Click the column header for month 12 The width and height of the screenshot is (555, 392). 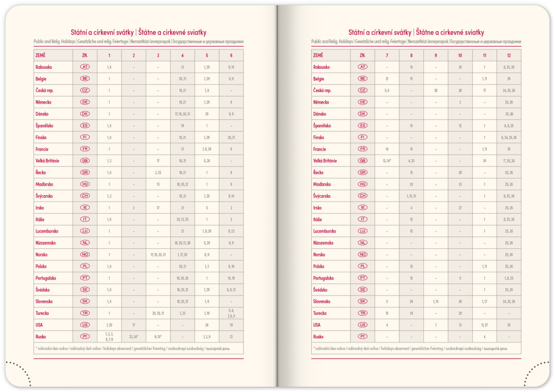tap(508, 55)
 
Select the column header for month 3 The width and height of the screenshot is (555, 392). tap(158, 55)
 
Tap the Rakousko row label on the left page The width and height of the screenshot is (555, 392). tap(44, 67)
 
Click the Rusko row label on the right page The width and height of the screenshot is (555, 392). tap(319, 337)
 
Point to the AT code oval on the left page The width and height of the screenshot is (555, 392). tap(85, 67)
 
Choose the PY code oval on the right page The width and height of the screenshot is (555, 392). tap(363, 337)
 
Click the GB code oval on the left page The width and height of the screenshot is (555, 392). tap(85, 161)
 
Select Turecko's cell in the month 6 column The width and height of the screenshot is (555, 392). tap(231, 313)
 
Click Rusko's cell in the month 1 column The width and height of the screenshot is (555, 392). tap(109, 337)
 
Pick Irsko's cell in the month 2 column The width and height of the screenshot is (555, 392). tap(133, 208)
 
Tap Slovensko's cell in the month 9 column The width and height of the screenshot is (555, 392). tap(436, 301)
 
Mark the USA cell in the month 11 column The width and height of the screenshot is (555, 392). tap(484, 325)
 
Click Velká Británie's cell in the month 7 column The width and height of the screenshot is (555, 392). tap(387, 161)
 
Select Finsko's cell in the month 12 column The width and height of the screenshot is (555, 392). tap(508, 138)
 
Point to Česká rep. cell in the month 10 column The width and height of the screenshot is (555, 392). tap(460, 91)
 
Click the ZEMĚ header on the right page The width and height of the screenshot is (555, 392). tap(318, 55)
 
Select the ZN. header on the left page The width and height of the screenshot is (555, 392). tap(85, 55)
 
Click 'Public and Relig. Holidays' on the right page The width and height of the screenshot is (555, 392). tap(332, 41)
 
